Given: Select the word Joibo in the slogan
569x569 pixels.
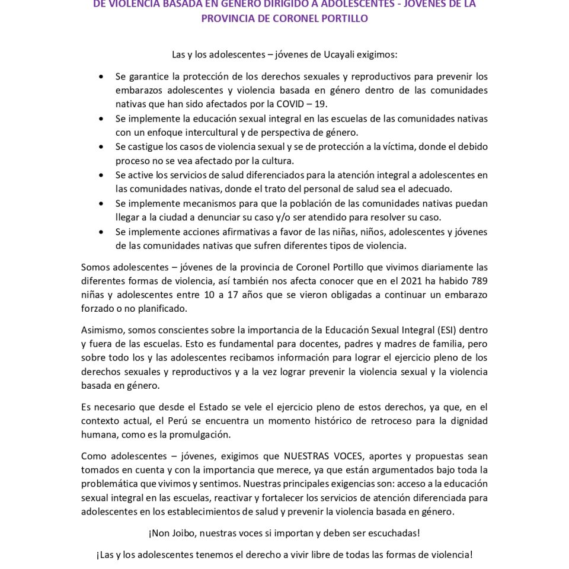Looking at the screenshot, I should pyautogui.click(x=183, y=533).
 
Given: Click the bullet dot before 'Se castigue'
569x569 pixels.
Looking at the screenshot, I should pyautogui.click(x=101, y=146).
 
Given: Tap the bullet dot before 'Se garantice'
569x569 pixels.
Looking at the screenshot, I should pyautogui.click(x=101, y=76).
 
